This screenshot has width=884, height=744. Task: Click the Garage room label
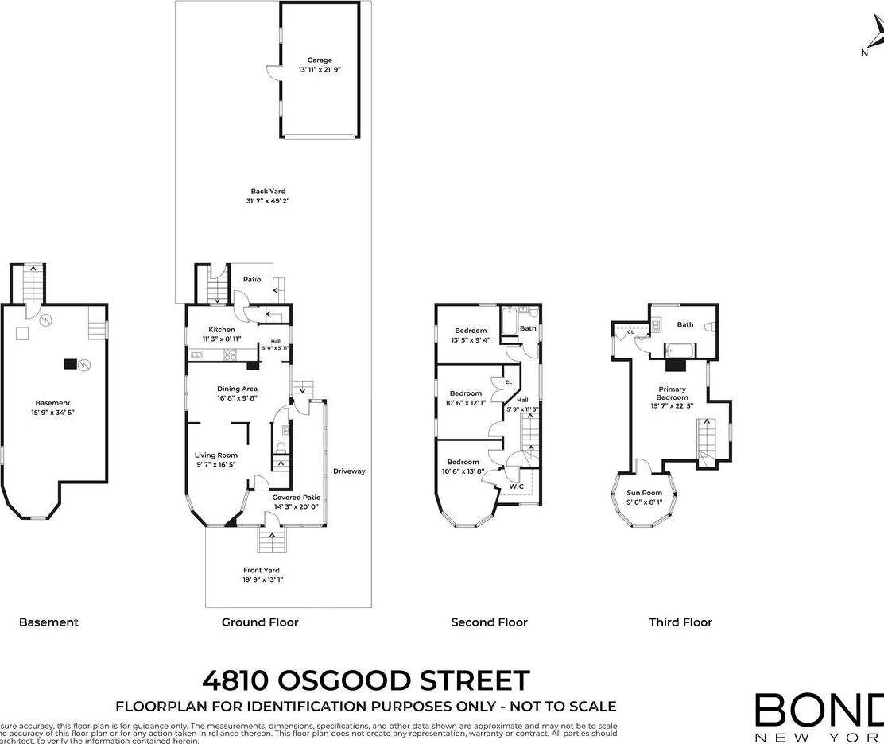[x=320, y=60]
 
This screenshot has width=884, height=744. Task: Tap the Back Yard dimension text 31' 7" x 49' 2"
[x=267, y=201]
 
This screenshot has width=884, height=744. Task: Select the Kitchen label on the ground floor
[x=222, y=330]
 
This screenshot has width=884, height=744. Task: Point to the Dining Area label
[x=238, y=389]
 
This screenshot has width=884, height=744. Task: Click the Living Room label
[x=216, y=455]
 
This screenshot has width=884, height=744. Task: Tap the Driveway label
[x=349, y=471]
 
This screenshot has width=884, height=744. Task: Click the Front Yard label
[x=262, y=570]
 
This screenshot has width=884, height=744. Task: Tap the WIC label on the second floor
[x=516, y=486]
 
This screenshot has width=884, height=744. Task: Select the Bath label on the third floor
[x=684, y=324]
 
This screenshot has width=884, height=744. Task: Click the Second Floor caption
[x=489, y=622]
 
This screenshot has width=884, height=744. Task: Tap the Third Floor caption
[x=680, y=622]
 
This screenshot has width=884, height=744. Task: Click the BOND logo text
[x=819, y=710]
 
